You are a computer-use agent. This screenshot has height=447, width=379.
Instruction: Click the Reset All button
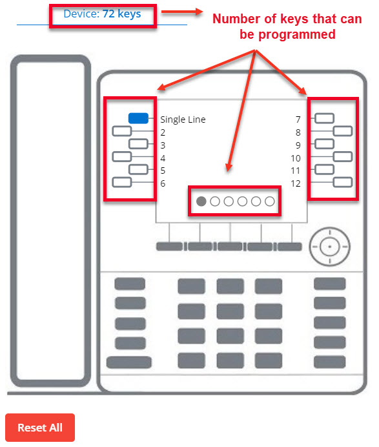pyautogui.click(x=40, y=428)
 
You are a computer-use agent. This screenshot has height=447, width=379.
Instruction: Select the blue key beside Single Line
pyautogui.click(x=138, y=118)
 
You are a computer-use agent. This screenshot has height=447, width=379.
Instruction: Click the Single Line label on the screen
pyautogui.click(x=183, y=120)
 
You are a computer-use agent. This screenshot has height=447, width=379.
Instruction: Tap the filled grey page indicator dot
pyautogui.click(x=201, y=202)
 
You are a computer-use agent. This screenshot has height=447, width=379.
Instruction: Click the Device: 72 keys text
pyautogui.click(x=102, y=14)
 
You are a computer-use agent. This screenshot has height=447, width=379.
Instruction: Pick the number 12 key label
pyautogui.click(x=296, y=183)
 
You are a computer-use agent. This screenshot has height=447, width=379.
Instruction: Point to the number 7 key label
pyautogui.click(x=298, y=120)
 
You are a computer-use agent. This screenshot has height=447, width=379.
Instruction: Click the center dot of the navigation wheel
pyautogui.click(x=330, y=247)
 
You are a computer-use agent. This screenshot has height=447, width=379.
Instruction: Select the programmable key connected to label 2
pyautogui.click(x=122, y=131)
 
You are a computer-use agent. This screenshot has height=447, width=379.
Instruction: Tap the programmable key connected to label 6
pyautogui.click(x=122, y=182)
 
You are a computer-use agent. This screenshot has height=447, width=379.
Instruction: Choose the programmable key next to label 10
pyautogui.click(x=343, y=156)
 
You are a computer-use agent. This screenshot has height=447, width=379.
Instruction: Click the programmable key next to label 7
pyautogui.click(x=324, y=118)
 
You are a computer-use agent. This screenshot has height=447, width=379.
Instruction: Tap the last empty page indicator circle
pyautogui.click(x=270, y=202)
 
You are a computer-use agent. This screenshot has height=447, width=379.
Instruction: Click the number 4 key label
pyautogui.click(x=163, y=158)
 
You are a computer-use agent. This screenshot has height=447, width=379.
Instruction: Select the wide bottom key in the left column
pyautogui.click(x=128, y=362)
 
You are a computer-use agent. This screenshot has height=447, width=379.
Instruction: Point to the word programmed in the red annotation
pyautogui.click(x=296, y=34)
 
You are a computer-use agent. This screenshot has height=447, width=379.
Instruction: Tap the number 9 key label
pyautogui.click(x=298, y=145)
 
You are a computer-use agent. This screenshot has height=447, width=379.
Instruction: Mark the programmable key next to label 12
pyautogui.click(x=343, y=182)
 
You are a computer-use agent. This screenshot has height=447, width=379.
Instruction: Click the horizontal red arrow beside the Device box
pyautogui.click(x=182, y=12)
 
